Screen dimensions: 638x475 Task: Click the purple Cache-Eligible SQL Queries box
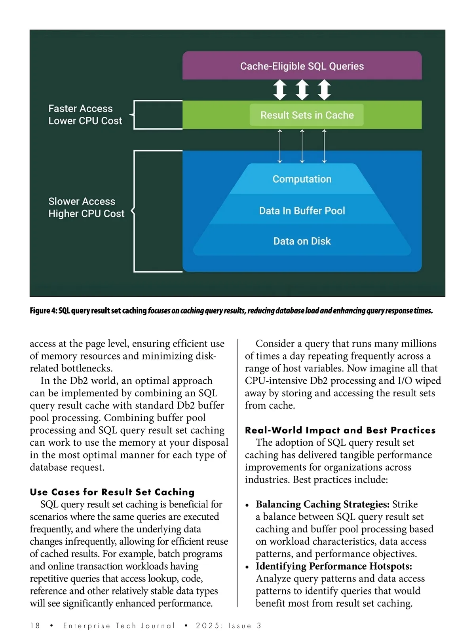point(302,66)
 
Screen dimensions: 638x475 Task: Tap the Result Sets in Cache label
point(307,115)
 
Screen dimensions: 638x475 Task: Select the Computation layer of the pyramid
point(302,179)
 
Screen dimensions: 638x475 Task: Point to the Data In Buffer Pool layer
point(302,211)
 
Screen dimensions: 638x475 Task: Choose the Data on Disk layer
point(302,241)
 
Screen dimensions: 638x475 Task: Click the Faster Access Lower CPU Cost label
point(85,115)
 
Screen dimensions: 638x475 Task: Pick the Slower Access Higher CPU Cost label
point(86,207)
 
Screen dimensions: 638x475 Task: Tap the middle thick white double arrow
point(302,90)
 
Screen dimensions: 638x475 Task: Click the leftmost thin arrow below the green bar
point(280,146)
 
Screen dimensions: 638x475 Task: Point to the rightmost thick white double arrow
point(324,90)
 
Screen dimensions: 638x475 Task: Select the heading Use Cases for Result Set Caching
point(112,492)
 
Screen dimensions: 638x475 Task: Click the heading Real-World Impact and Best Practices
point(340,430)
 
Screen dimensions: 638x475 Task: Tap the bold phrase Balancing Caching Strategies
point(322,504)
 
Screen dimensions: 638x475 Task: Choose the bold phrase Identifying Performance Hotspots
point(334,566)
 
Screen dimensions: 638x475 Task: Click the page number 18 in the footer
point(35,625)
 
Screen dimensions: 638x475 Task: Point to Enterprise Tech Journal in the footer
point(119,625)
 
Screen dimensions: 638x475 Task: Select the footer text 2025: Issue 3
point(228,625)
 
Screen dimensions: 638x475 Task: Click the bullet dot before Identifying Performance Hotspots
point(247,567)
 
